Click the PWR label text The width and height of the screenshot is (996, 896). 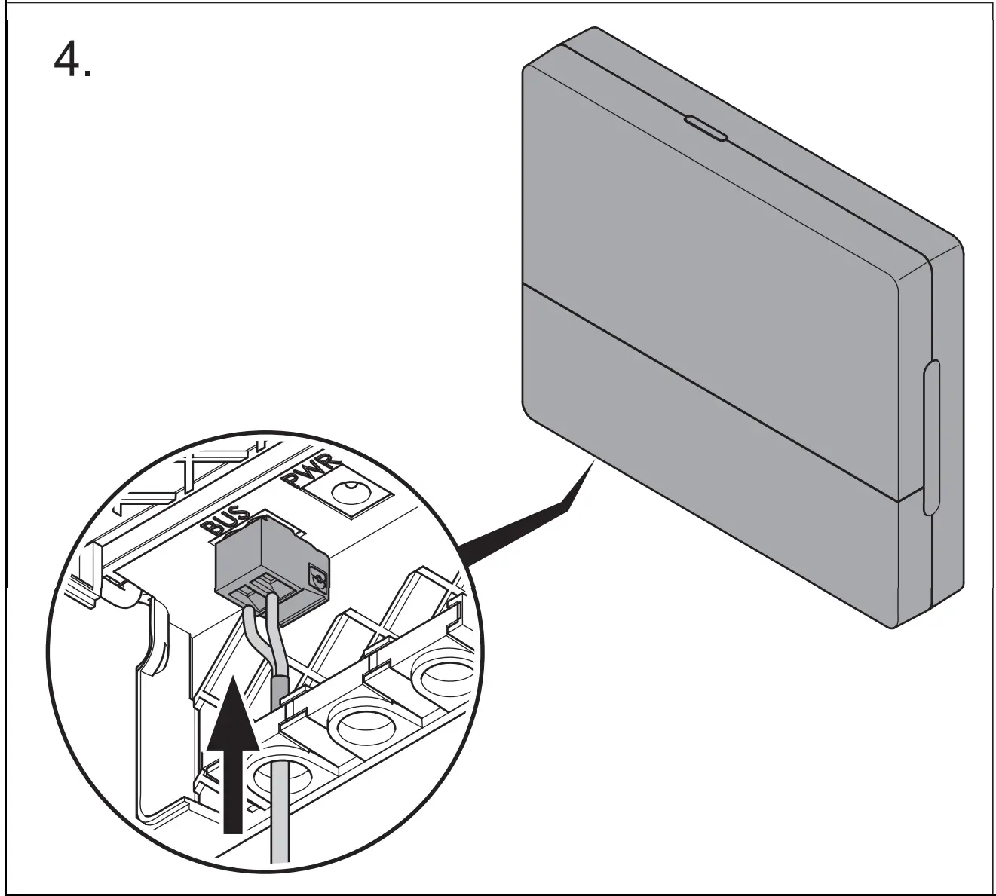(x=312, y=473)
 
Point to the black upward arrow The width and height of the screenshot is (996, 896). (x=233, y=754)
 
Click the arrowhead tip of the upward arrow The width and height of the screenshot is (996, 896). (x=234, y=680)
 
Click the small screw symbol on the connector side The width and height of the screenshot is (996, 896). (x=317, y=579)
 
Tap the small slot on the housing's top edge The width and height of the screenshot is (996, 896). (x=705, y=128)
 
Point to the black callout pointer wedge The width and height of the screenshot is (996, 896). (x=528, y=520)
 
